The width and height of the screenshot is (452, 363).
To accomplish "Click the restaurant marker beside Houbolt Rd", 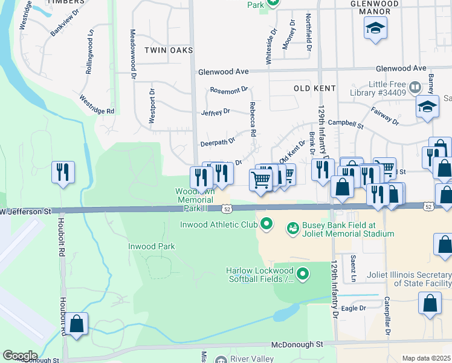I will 63,172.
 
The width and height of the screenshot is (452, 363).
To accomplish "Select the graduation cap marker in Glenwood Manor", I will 375,28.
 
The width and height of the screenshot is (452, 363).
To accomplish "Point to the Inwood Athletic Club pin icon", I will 266,226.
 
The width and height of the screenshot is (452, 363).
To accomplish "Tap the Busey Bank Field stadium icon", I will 293,228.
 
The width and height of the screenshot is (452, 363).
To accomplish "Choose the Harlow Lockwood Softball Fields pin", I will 303,275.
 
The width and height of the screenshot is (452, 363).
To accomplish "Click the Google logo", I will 19,356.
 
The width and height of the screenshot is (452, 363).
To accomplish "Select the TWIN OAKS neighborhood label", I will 168,50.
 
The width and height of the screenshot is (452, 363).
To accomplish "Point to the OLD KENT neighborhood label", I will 314,88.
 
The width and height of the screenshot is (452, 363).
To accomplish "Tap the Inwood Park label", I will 151,246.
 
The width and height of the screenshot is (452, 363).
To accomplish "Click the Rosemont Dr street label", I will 228,90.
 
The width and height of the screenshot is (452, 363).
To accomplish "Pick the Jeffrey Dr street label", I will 216,112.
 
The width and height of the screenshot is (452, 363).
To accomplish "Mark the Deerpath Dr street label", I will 218,142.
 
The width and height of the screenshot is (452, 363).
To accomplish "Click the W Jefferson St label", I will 27,212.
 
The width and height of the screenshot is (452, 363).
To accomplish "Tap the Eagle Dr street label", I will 354,308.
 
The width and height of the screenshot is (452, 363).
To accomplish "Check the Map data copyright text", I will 427,358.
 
